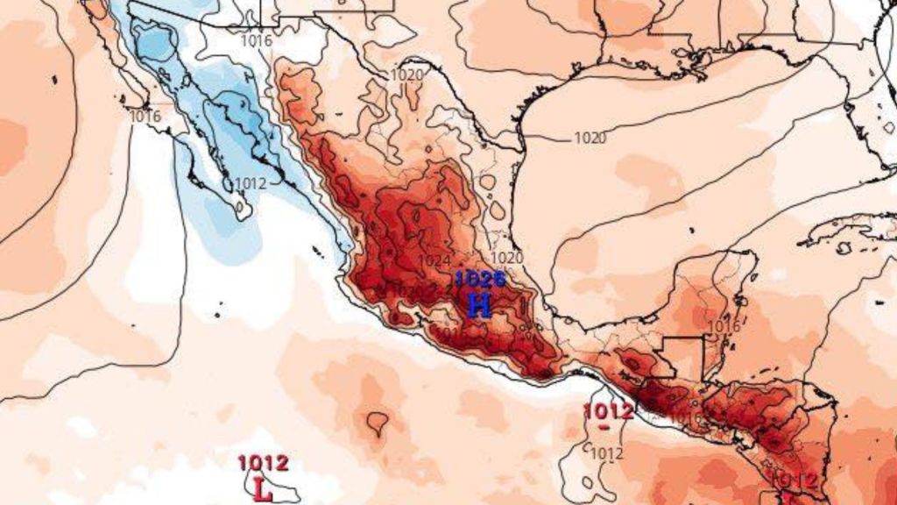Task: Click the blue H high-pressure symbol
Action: click(479, 305)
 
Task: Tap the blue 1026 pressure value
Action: click(479, 280)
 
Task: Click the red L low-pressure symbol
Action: click(262, 488)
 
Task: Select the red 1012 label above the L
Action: click(263, 463)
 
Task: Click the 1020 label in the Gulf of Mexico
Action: click(590, 138)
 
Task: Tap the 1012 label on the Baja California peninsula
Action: click(251, 183)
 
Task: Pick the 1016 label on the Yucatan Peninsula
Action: click(724, 326)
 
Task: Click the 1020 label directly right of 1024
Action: click(507, 258)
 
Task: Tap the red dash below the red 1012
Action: click(605, 427)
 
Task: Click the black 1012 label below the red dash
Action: click(606, 453)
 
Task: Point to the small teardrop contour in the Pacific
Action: click(378, 423)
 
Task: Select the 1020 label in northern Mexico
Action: click(406, 75)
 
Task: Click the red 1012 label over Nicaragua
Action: click(796, 480)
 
